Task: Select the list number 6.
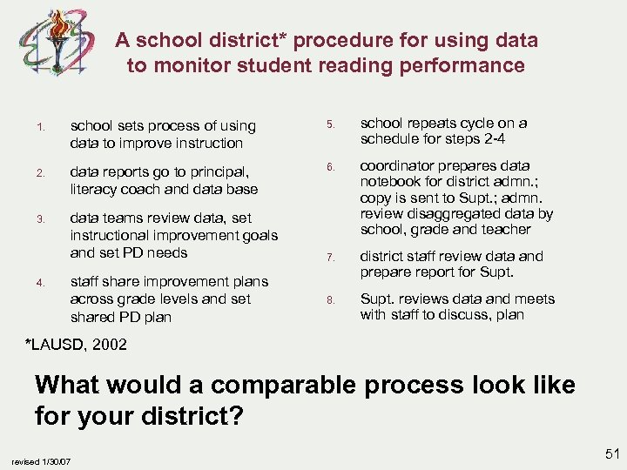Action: coord(331,167)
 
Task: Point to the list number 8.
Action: coord(331,300)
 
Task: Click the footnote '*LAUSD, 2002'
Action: coord(77,345)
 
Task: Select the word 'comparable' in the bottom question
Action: coord(284,384)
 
